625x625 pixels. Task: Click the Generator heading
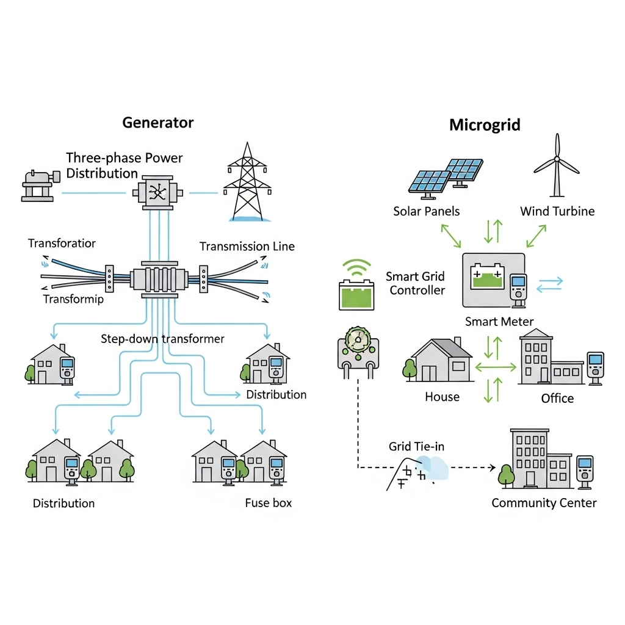[x=157, y=122]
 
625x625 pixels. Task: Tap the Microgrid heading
[x=485, y=126]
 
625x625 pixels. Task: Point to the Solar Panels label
[x=427, y=211]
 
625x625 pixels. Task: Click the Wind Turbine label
[x=557, y=211]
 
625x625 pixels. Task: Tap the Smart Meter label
[x=499, y=321]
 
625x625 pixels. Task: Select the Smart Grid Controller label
[x=417, y=283]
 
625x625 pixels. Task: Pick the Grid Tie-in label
[x=416, y=447]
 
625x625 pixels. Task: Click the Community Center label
[x=544, y=503]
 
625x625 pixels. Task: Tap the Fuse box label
[x=269, y=503]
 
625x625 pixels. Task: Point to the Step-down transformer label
[x=162, y=338]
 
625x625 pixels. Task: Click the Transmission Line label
[x=247, y=247]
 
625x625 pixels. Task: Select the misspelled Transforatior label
[x=62, y=244]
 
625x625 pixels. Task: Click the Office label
[x=557, y=399]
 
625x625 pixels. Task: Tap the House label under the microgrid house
[x=442, y=397]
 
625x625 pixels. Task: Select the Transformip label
[x=73, y=299]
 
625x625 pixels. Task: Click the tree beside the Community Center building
[x=505, y=474]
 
